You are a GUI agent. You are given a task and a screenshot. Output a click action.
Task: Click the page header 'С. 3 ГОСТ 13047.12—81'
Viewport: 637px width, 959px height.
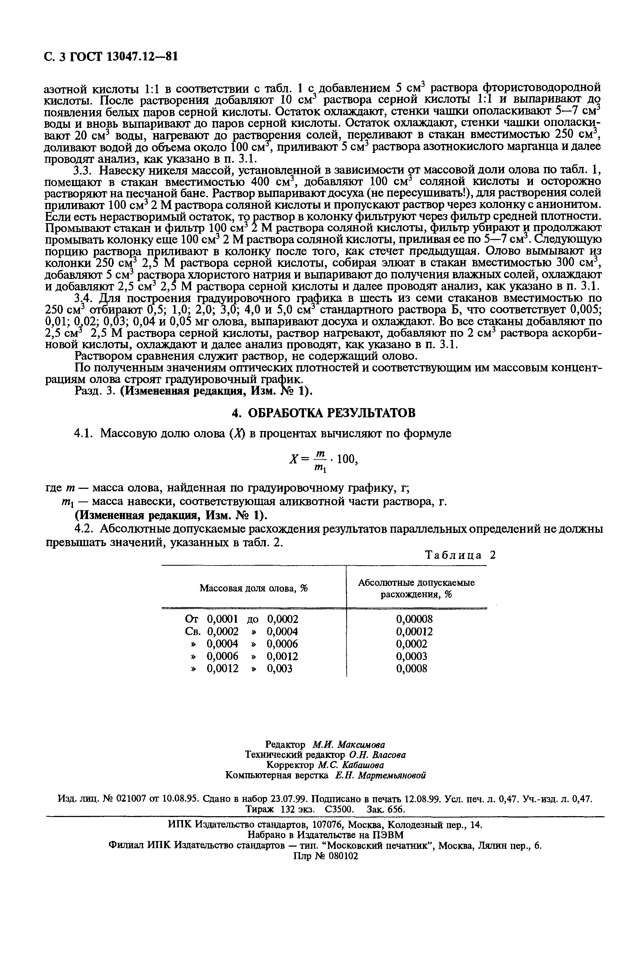111,56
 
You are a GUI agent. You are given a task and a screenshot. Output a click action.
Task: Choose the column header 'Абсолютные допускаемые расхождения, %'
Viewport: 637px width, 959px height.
416,588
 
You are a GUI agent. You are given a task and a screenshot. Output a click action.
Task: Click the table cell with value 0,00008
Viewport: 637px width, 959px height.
414,619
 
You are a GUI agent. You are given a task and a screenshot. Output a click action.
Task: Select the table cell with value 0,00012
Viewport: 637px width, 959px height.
414,631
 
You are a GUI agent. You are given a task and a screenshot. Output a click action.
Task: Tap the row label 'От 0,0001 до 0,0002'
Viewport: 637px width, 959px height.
241,619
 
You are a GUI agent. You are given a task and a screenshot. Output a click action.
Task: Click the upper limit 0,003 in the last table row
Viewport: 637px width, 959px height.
279,669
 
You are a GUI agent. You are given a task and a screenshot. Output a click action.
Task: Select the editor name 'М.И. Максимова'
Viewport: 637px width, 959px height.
349,744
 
